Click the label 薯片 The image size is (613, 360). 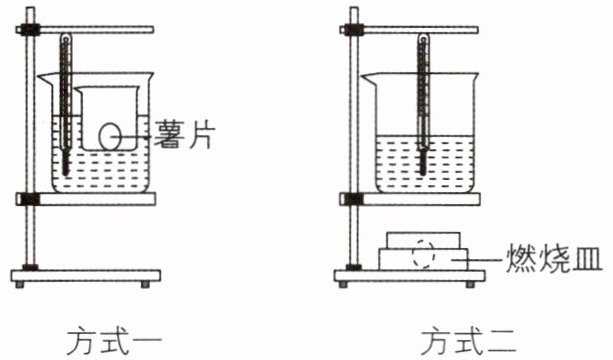[x=185, y=134]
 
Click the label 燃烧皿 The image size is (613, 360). [x=554, y=258]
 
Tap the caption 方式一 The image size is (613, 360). [x=114, y=340]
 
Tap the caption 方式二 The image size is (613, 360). [x=468, y=340]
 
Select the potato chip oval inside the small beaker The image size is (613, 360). [x=109, y=136]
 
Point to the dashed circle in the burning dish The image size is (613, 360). [x=423, y=254]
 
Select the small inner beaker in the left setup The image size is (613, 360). [x=109, y=118]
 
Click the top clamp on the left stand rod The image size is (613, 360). [x=28, y=30]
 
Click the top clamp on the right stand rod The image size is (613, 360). [x=352, y=30]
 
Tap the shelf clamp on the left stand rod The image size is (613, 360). [x=30, y=199]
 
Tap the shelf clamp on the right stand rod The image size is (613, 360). [x=354, y=199]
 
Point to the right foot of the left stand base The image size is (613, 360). [x=145, y=284]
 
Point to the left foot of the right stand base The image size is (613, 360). [x=343, y=284]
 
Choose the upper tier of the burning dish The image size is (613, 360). [x=423, y=240]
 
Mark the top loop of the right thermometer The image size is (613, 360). [x=423, y=39]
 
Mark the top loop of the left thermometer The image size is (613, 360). [x=66, y=39]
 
